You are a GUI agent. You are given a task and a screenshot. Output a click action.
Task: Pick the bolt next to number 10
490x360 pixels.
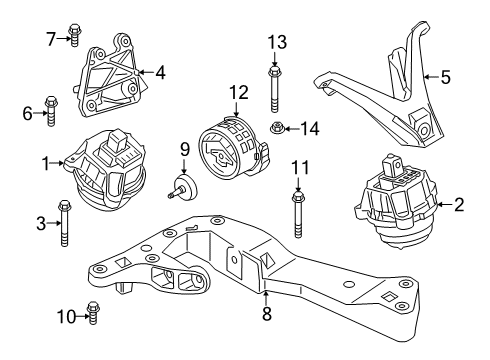(x=92, y=317)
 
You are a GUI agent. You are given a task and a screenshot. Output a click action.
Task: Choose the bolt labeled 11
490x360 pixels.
(x=298, y=214)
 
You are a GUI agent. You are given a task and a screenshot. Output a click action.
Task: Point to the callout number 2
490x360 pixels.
(x=459, y=205)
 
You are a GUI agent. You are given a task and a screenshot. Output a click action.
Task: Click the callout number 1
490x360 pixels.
(x=45, y=160)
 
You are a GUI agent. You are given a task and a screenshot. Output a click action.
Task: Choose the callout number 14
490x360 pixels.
(x=311, y=128)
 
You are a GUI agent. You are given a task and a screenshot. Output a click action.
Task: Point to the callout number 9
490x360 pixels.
(x=184, y=151)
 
